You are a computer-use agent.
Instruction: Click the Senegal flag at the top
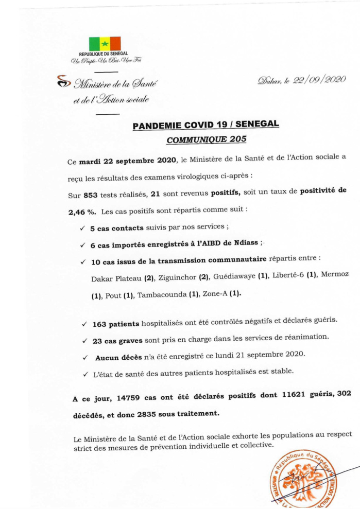click(105, 43)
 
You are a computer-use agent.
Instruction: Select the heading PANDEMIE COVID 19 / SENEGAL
click(206, 125)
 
